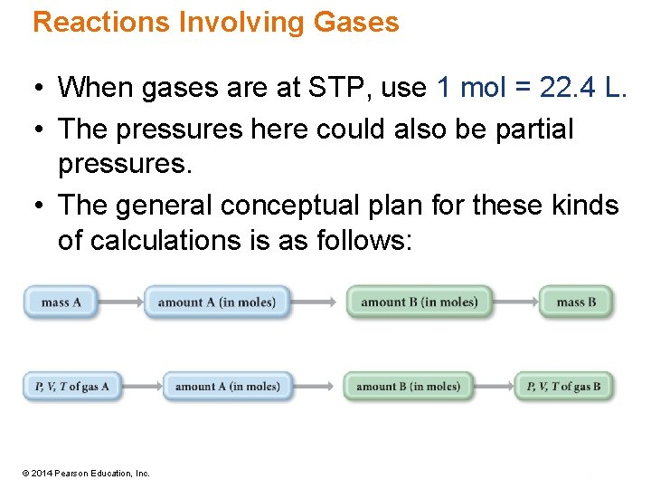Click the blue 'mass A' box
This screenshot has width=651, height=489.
[61, 302]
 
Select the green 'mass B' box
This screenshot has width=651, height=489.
[576, 302]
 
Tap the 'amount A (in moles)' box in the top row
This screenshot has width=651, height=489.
[217, 302]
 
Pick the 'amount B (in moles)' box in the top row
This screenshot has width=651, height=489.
[419, 302]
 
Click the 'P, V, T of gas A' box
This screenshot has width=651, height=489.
[71, 387]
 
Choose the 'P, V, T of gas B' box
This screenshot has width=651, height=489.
[564, 387]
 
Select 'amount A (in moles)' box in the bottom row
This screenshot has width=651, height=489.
[228, 387]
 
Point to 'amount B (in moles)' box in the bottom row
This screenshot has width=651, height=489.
[409, 387]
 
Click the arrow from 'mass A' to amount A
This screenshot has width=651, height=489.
[121, 302]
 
